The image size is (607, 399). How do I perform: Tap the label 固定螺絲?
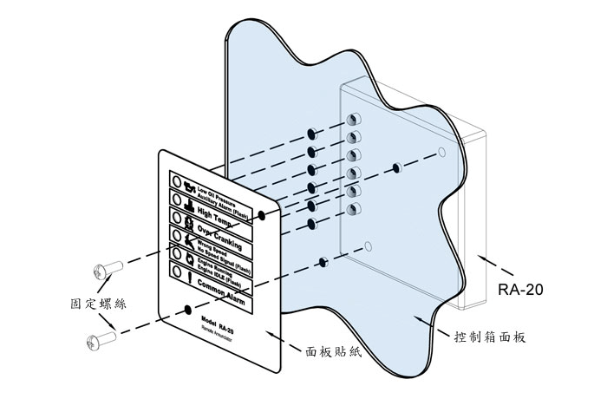coord(96,304)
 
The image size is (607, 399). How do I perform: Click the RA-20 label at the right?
coord(520,290)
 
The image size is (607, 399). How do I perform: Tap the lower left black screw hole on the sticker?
coord(188,308)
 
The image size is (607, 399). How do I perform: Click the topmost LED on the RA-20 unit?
coord(353,119)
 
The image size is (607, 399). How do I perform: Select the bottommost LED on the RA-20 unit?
coord(353,210)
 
